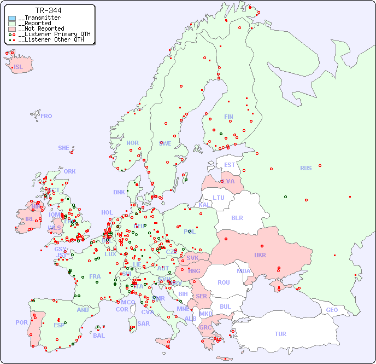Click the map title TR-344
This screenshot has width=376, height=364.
click(48, 10)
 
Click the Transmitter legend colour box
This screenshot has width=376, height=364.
click(12, 18)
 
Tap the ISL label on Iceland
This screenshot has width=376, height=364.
click(19, 67)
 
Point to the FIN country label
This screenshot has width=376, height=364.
click(228, 117)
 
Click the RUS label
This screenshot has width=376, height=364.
click(305, 168)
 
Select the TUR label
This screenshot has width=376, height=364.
click(280, 334)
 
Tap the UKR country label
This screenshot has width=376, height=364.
click(260, 255)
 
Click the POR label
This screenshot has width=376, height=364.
click(21, 322)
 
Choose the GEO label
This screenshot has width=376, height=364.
click(332, 310)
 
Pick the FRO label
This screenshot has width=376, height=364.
click(46, 116)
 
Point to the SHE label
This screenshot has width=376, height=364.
click(64, 148)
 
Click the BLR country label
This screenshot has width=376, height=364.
click(237, 217)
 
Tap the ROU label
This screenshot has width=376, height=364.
click(224, 282)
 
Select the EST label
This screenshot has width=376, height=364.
click(230, 165)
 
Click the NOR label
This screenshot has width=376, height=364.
click(132, 143)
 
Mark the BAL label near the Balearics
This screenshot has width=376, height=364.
click(98, 336)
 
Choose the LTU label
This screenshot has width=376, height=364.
click(219, 198)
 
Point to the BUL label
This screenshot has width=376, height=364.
click(225, 307)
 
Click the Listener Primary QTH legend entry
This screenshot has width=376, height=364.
click(51, 34)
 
